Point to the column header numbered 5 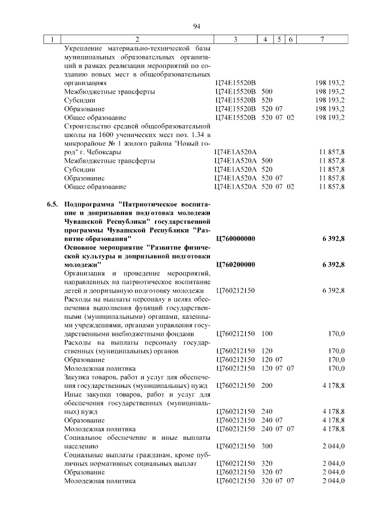point(279,39)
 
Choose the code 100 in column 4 point(266,333)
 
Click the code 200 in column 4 point(266,386)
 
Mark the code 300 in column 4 point(266,446)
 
